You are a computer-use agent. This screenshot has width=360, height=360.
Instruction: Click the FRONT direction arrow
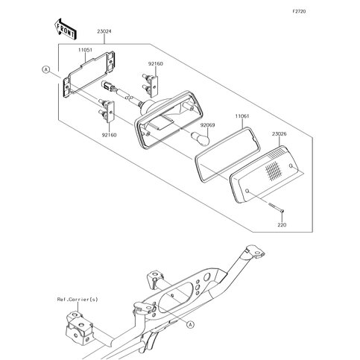click(x=65, y=28)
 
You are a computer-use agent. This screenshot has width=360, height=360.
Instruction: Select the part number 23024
click(x=104, y=31)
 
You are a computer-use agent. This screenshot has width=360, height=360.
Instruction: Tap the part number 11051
click(x=85, y=50)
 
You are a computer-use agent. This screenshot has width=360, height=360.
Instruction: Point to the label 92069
click(x=208, y=125)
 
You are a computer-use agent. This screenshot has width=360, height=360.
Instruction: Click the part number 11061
click(x=242, y=116)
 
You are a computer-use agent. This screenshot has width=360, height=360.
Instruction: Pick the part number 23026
click(x=279, y=134)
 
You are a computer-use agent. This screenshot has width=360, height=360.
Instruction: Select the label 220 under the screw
click(x=282, y=225)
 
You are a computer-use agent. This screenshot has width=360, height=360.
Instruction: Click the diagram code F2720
click(x=299, y=11)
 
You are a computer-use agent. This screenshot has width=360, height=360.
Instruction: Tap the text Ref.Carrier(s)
click(x=78, y=300)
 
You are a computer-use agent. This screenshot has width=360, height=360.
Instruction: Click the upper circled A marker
click(x=45, y=70)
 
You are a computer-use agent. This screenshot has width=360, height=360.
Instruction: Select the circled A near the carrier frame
click(x=190, y=324)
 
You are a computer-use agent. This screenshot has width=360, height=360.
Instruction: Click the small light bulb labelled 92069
click(x=200, y=138)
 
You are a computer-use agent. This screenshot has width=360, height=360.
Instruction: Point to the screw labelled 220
click(x=276, y=208)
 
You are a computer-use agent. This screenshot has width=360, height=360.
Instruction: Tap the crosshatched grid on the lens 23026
click(x=274, y=170)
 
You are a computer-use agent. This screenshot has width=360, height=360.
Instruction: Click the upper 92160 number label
click(x=156, y=63)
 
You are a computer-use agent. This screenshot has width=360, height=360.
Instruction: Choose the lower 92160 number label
click(x=109, y=135)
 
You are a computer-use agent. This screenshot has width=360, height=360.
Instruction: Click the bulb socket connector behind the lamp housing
click(x=109, y=86)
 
